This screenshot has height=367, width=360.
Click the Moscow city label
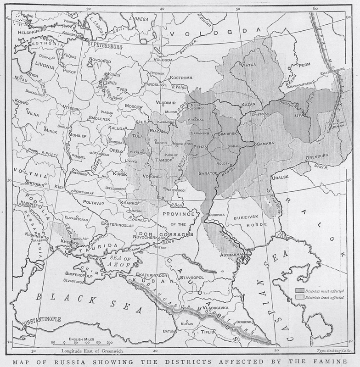134,106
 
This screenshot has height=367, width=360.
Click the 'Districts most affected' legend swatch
300,290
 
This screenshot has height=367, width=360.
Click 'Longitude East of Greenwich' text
92,351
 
